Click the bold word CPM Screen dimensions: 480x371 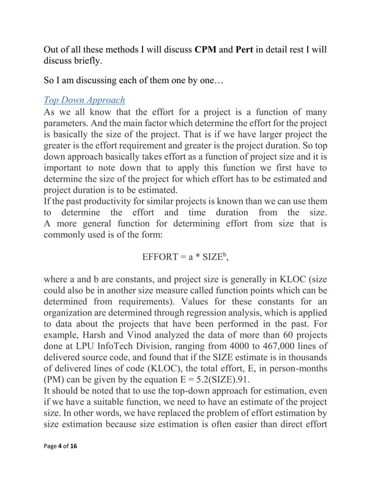[x=206, y=48]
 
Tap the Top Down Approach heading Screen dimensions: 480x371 [x=85, y=99]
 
